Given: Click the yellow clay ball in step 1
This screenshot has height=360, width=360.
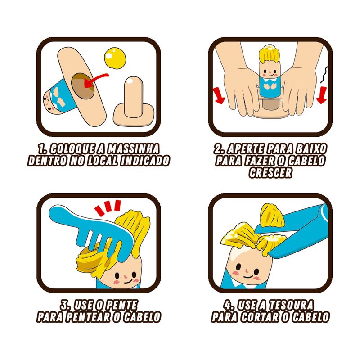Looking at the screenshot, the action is click(x=115, y=58).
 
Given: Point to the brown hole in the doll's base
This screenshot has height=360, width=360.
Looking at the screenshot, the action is click(x=83, y=86).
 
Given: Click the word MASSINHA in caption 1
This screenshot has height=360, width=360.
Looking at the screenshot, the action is click(x=133, y=149).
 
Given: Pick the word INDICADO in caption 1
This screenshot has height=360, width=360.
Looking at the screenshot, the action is click(x=145, y=161).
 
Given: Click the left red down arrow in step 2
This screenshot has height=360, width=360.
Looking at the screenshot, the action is click(x=219, y=95).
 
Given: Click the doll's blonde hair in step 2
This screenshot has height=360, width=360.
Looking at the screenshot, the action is click(x=270, y=54).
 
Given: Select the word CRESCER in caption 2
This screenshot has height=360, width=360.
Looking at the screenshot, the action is click(x=270, y=173).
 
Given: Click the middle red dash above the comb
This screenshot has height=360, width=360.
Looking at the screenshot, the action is click(x=108, y=207).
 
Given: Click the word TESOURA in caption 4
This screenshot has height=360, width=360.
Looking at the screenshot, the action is click(x=291, y=305).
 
